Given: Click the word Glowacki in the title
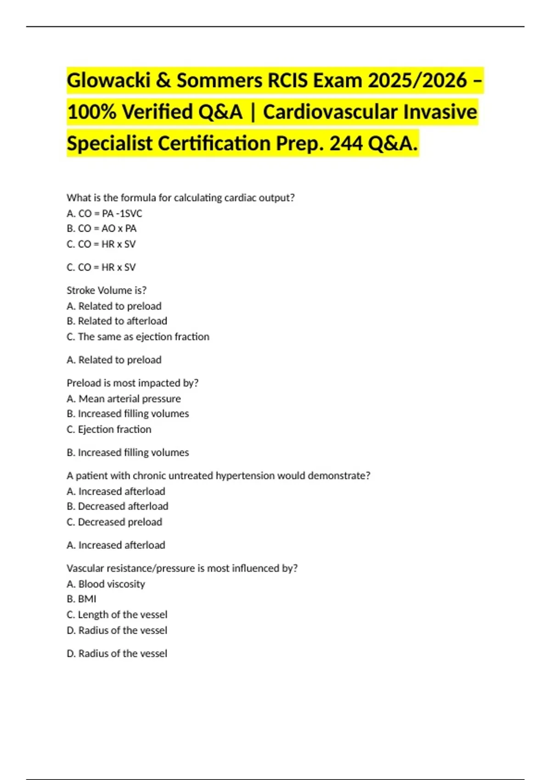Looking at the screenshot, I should tap(108, 81).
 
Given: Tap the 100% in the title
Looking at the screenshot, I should tap(91, 112).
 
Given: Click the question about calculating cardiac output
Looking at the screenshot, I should tap(180, 198).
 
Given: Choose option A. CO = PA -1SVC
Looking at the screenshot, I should tap(104, 213).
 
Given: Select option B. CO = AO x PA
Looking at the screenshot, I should tap(101, 228).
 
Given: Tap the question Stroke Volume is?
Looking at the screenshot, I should tap(107, 290).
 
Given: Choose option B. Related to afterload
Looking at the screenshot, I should tap(117, 321).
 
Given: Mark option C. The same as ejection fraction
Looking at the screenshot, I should tap(138, 337).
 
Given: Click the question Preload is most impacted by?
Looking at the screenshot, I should tap(132, 383).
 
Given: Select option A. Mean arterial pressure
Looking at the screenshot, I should tap(124, 399).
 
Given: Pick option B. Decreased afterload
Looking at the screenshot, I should tap(117, 507).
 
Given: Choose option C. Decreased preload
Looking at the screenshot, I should tap(114, 522).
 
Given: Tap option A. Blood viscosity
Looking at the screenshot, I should tap(106, 584).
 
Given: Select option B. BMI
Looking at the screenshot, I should tap(81, 599).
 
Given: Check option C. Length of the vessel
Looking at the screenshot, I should tap(117, 615).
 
